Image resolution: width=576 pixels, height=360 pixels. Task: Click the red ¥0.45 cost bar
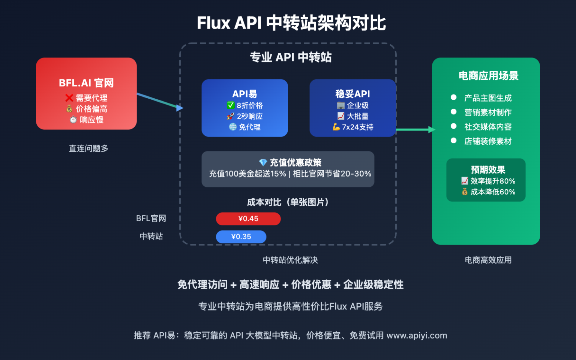[x=248, y=219]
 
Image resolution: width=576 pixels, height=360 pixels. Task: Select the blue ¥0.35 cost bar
[x=241, y=237]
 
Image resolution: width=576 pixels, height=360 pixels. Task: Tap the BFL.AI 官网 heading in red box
[x=86, y=83]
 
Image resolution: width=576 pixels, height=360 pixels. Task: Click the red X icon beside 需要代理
[x=69, y=98]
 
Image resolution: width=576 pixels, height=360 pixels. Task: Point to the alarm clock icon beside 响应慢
[x=73, y=120]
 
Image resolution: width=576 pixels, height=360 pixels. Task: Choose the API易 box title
[x=244, y=94]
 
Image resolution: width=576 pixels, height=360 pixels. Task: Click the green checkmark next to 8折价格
[x=231, y=105]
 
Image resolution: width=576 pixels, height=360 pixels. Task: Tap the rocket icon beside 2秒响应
[x=231, y=116]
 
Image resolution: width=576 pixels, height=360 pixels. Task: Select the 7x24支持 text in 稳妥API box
[x=357, y=127]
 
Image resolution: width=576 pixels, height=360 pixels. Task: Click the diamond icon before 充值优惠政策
[x=263, y=162]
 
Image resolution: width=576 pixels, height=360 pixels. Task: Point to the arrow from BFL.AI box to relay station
[x=160, y=101]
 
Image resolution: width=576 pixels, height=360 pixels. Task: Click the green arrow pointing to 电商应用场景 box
[x=415, y=130]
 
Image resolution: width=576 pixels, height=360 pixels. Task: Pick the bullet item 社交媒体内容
[x=487, y=127]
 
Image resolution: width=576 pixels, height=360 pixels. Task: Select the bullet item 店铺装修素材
[x=487, y=141]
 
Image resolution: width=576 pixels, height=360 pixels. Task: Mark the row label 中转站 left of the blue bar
[x=151, y=236]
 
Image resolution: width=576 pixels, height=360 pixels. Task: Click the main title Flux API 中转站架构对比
[x=291, y=23]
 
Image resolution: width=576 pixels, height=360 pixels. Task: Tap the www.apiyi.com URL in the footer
[x=417, y=335]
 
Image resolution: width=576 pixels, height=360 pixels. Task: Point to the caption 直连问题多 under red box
[x=88, y=148]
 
